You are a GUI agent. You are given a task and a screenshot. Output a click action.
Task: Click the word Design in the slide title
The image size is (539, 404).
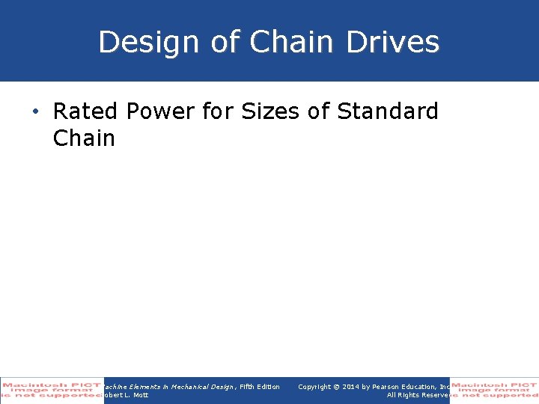tap(149, 43)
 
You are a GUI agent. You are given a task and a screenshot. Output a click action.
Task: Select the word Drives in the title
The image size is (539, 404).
tap(393, 43)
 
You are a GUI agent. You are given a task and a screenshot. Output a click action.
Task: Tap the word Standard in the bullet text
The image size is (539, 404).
tap(388, 112)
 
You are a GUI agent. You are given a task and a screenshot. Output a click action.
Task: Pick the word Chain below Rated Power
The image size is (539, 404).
tap(84, 138)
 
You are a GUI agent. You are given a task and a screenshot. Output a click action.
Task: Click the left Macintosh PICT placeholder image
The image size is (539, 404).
tap(52, 391)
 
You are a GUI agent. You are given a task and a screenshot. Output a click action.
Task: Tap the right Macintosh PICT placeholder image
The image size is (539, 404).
tap(494, 391)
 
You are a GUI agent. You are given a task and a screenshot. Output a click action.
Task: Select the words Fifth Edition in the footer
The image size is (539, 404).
tap(260, 387)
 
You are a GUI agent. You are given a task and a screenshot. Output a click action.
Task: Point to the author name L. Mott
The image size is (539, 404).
tap(131, 395)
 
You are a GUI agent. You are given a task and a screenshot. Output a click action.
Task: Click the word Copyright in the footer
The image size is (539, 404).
tap(315, 387)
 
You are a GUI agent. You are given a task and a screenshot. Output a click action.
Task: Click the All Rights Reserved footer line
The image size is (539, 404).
tap(417, 395)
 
